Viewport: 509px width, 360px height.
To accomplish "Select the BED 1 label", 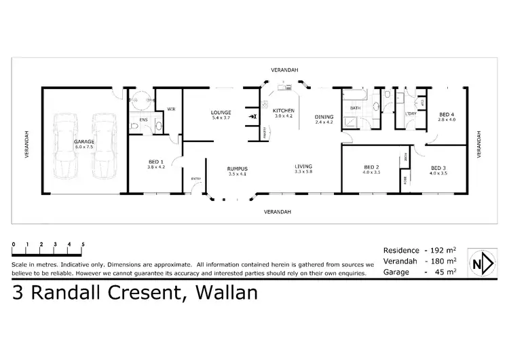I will (156, 161).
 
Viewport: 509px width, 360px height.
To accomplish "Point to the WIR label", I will (171, 108).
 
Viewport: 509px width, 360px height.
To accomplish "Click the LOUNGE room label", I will (221, 112).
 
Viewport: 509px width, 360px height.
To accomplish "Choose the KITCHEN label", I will (284, 110).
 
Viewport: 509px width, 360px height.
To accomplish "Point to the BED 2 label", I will (371, 167).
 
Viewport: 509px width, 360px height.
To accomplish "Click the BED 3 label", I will (437, 167).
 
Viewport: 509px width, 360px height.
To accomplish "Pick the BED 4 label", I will (446, 113).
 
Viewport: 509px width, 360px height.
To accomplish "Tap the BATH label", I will (354, 109).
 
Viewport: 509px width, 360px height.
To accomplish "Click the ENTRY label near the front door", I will (196, 179).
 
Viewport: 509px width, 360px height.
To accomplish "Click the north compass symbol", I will (483, 263).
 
